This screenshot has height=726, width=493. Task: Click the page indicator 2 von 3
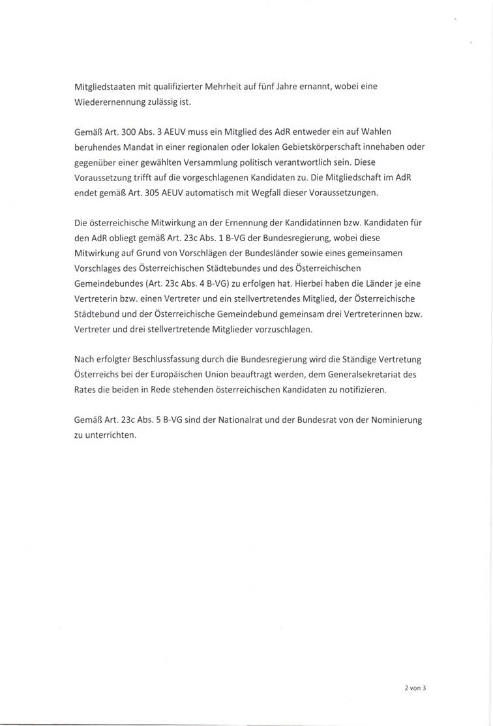[414, 687]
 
